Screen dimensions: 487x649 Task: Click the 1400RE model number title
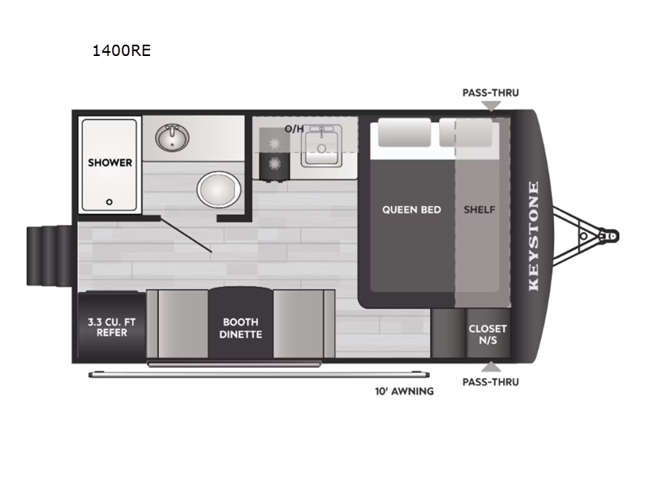coord(122,51)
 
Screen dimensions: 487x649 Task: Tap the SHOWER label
coord(110,162)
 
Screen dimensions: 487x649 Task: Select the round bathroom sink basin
coord(172,138)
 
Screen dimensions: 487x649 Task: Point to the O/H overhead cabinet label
coord(294,129)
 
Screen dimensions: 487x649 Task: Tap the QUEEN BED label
coord(411,209)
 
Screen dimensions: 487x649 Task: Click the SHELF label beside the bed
coord(479,209)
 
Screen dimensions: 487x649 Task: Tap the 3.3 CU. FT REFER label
coord(112,326)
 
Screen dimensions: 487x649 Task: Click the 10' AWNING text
coord(404,391)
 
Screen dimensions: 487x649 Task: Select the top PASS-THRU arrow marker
coord(490,106)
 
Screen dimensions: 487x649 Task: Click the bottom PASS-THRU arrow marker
coord(490,367)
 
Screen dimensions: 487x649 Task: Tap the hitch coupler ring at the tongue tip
coord(610,235)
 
